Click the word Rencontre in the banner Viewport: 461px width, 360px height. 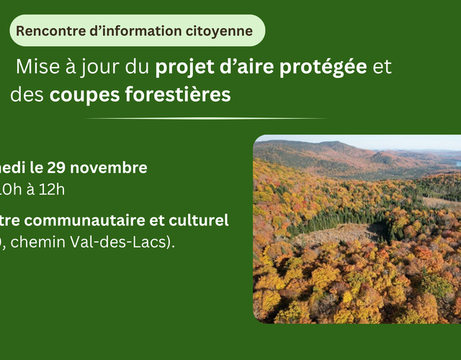(44, 31)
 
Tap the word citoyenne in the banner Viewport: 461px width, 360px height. (220, 31)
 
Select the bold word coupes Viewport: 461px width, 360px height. (81, 96)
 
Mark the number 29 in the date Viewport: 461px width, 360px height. (56, 168)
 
